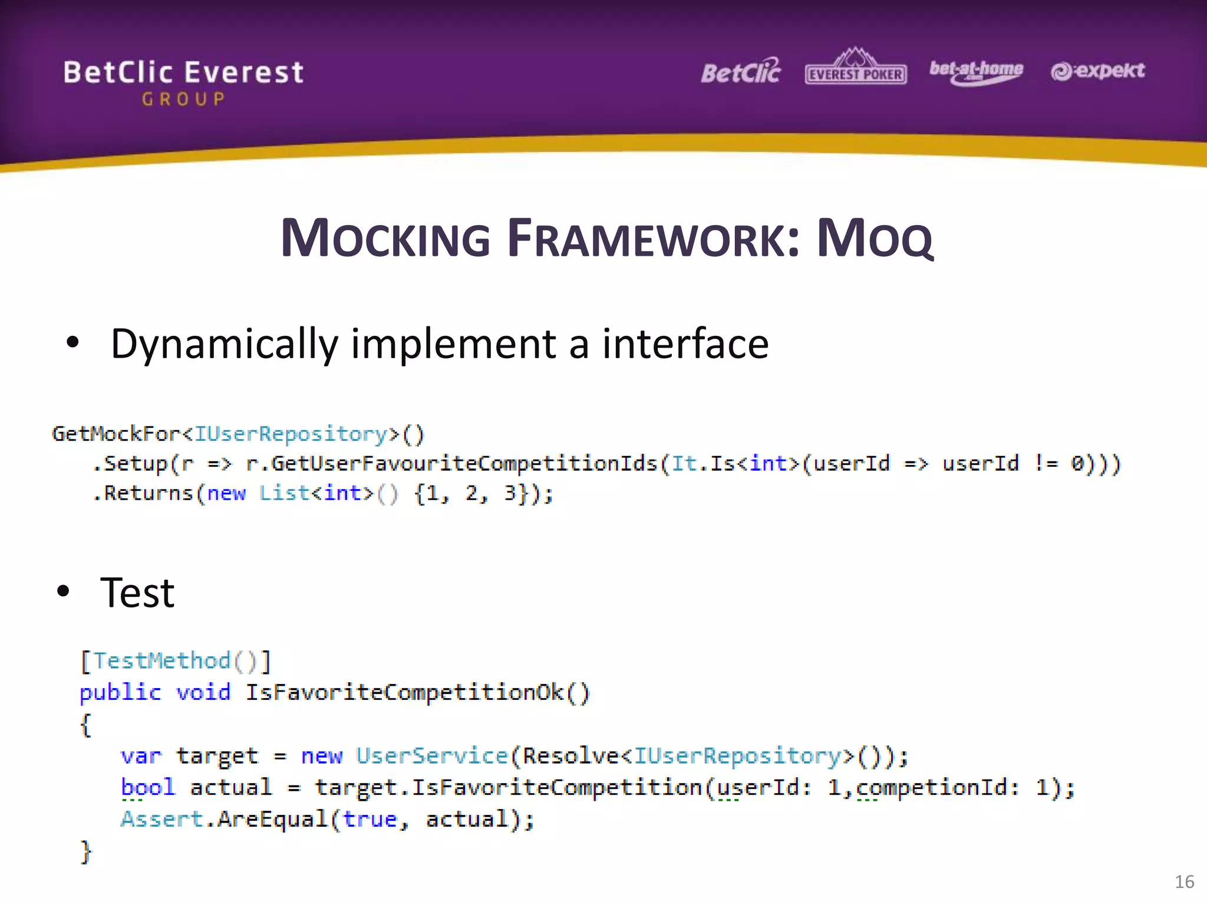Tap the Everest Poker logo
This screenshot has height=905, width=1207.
(855, 68)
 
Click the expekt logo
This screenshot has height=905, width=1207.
(1097, 71)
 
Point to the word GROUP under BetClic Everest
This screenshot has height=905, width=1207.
(183, 99)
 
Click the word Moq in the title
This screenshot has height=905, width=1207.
(875, 239)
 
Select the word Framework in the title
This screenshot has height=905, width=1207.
(653, 239)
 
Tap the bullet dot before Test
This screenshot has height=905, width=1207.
(63, 591)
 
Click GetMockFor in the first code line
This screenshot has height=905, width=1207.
(116, 434)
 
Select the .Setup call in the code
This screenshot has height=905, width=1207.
(130, 464)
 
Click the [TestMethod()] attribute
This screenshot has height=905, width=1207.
(176, 661)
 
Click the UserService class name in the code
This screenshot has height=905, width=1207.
(432, 756)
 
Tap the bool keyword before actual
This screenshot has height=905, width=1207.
(148, 788)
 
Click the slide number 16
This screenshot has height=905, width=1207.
(1184, 882)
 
